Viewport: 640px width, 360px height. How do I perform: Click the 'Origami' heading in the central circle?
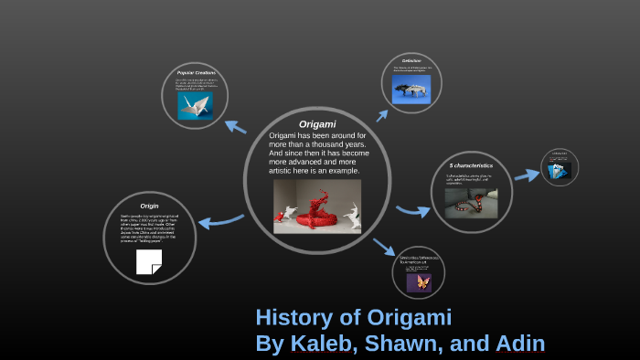pyautogui.click(x=317, y=123)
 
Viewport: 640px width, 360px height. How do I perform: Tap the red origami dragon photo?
pyautogui.click(x=317, y=206)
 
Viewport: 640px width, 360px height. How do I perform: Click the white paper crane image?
pyautogui.click(x=195, y=103)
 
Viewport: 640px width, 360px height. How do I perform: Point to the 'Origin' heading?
pyautogui.click(x=149, y=206)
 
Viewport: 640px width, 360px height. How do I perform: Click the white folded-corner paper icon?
pyautogui.click(x=148, y=261)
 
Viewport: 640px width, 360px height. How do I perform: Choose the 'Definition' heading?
pyautogui.click(x=411, y=61)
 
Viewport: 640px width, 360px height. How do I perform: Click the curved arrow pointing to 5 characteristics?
pyautogui.click(x=412, y=212)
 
